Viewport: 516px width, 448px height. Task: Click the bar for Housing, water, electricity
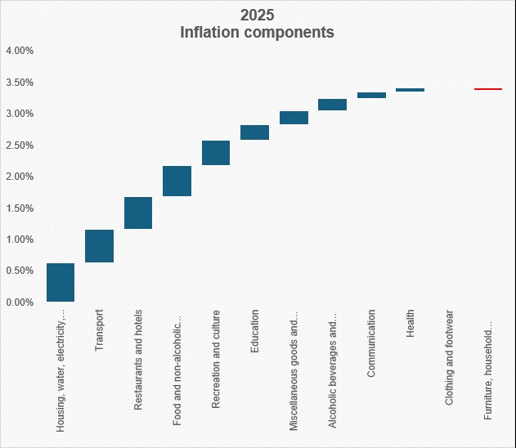(61, 283)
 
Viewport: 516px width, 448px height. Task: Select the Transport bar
(100, 246)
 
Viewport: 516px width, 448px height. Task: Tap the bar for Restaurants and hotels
(138, 213)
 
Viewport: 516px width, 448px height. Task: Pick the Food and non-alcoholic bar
(177, 181)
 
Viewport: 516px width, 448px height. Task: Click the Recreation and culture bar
(216, 153)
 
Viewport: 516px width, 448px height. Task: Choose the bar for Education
(254, 132)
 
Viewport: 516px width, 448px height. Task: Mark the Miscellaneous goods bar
(294, 118)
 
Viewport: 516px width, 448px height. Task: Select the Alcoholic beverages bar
(332, 105)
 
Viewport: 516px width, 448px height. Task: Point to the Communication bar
(371, 96)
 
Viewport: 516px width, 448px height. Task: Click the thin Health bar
(410, 90)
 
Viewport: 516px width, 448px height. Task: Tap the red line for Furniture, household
(488, 88)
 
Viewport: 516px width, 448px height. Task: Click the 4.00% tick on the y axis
(20, 51)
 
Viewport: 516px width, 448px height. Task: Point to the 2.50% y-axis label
(20, 146)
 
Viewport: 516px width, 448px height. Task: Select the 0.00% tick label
(20, 303)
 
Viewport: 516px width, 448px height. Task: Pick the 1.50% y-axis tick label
(20, 208)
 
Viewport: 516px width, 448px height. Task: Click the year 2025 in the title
(257, 16)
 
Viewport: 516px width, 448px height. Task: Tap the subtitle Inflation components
(257, 34)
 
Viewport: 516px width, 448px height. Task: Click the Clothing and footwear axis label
(450, 357)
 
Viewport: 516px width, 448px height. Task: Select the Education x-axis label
(255, 331)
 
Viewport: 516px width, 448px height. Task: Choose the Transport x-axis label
(100, 329)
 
